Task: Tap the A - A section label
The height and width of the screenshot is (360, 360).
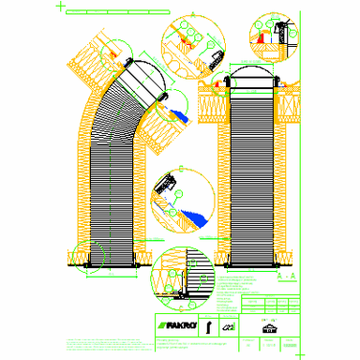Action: click(x=287, y=278)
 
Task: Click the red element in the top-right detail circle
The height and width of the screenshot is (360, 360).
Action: click(x=259, y=38)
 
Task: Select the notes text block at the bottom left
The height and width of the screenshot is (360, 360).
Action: click(x=94, y=343)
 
